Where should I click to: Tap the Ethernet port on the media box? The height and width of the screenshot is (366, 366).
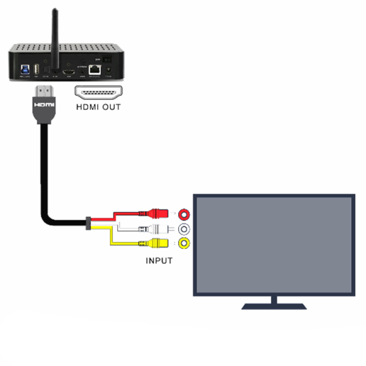click(94, 70)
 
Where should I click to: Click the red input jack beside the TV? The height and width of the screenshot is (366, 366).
click(184, 214)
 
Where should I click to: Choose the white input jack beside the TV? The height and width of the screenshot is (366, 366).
click(184, 229)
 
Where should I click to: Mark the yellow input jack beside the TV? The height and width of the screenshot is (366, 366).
click(184, 244)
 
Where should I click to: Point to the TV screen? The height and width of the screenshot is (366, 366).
click(273, 244)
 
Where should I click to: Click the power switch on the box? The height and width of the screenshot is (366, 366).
click(108, 59)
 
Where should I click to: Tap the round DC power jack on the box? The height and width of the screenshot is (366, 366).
click(109, 71)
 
